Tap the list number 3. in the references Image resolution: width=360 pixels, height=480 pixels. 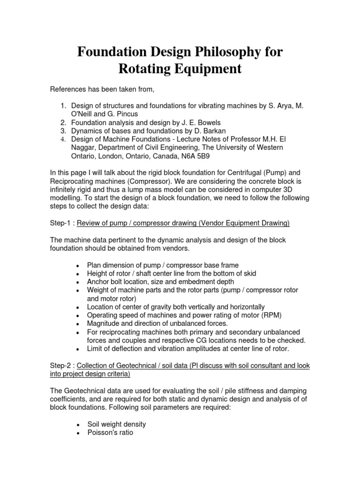pos(64,131)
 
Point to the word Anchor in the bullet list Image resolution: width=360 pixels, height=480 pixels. pos(98,282)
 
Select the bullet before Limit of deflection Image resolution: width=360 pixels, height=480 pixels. pos(77,349)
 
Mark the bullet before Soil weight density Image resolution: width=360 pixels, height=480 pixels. pos(77,424)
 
